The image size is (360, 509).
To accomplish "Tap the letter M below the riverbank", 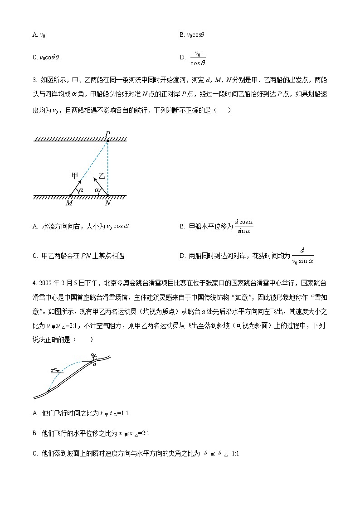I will pos(69,203).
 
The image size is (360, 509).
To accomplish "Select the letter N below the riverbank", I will pos(108,203).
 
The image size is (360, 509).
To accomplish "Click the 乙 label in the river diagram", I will pos(102,175).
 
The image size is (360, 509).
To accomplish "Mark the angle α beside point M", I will pos(81,190).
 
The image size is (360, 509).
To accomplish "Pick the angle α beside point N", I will pos(97,190).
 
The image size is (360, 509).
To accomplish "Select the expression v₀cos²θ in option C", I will pos(50,58).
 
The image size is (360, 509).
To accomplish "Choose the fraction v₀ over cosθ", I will pos(197,58).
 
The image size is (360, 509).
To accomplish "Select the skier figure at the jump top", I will pos(93,356).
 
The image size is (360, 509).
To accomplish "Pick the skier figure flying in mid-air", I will pos(56,371).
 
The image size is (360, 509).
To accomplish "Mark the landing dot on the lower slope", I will pos(49,390).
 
